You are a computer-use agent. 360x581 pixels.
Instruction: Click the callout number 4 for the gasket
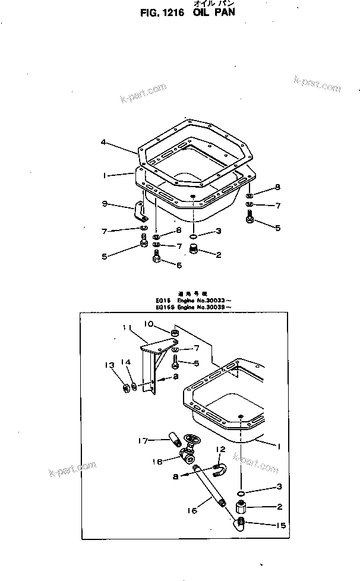[x=103, y=143]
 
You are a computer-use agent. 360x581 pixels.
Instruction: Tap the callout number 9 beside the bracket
[x=105, y=204]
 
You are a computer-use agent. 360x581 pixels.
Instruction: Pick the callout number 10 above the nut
[x=149, y=324]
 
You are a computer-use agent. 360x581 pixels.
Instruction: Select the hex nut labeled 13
[x=127, y=389]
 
